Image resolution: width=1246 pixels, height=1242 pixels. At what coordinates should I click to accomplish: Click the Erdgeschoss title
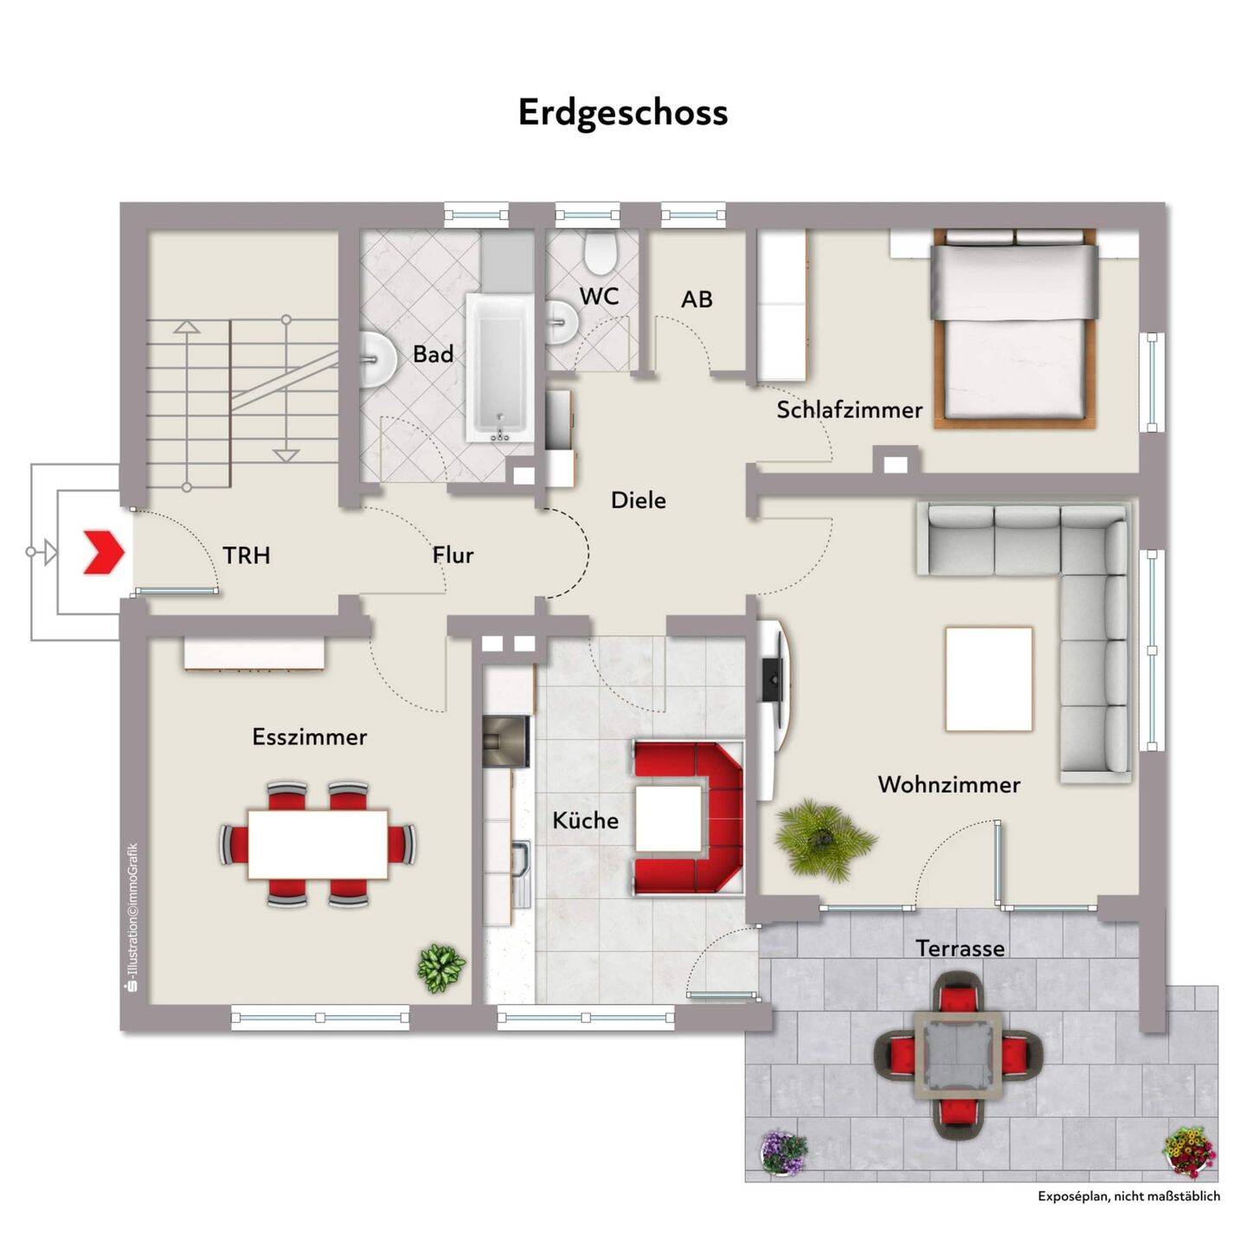[x=623, y=113]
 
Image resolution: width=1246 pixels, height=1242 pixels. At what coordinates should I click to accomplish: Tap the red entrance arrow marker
[x=104, y=552]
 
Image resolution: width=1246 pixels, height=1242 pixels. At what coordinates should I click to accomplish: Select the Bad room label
[x=433, y=354]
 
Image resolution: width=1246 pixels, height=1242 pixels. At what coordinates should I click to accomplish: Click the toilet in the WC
[x=601, y=253]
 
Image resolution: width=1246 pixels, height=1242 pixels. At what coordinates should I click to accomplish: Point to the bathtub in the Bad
[x=500, y=367]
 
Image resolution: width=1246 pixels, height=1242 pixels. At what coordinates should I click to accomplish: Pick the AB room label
[x=697, y=299]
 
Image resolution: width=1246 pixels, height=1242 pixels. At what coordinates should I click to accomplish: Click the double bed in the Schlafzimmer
[x=1015, y=329]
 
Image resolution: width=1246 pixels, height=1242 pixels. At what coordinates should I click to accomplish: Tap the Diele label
[x=639, y=500]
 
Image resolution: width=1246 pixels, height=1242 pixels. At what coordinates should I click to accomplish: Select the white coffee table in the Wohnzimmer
[x=989, y=678]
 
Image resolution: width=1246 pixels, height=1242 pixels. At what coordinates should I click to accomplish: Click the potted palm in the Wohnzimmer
[x=824, y=839]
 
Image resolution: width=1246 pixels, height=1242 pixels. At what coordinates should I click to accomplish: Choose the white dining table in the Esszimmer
[x=318, y=844]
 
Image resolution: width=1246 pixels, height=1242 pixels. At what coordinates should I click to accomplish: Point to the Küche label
[x=585, y=820]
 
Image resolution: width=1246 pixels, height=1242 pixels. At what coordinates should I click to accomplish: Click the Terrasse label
[x=960, y=949]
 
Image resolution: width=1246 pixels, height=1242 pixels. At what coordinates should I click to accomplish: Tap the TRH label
[x=247, y=555]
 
